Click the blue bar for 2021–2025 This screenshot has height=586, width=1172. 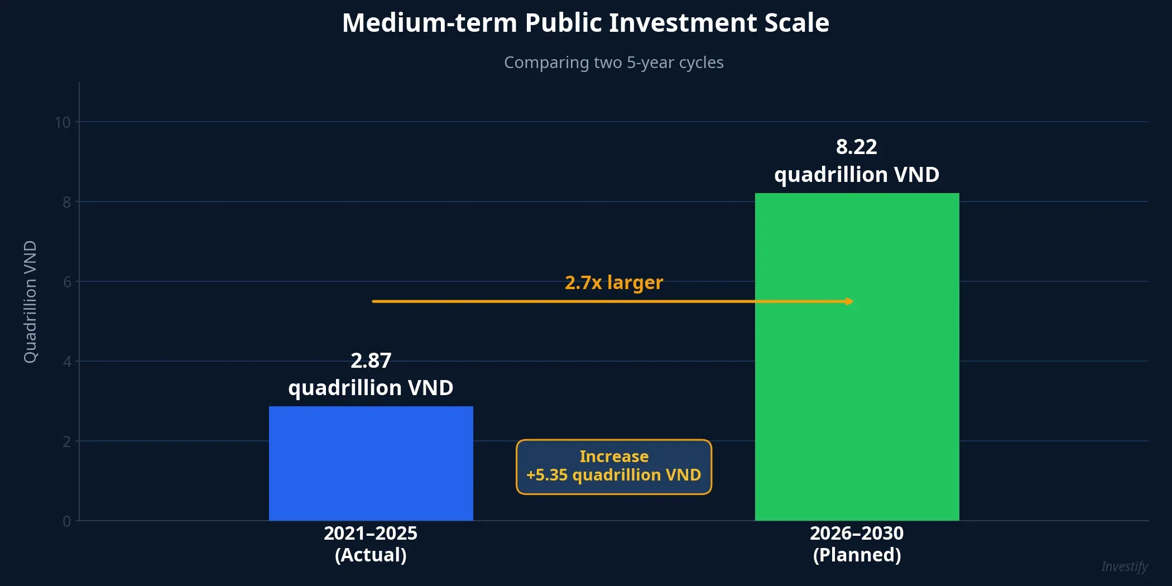point(371,463)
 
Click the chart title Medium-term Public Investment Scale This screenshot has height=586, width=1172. point(585,23)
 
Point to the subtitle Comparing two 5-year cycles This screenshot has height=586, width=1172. point(613,63)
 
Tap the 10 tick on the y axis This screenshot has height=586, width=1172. point(63,122)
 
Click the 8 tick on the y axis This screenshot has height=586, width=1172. point(66,202)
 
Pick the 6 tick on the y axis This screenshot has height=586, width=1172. point(67,282)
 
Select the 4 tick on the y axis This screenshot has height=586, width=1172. point(67,362)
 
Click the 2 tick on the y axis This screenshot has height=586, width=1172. point(67,441)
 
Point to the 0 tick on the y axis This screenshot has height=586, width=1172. point(67,521)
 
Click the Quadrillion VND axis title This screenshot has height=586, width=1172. point(30,301)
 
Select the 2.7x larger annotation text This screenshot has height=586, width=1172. point(613,282)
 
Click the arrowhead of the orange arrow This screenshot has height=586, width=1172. point(849,301)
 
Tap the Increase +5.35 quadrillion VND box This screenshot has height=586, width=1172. point(613,467)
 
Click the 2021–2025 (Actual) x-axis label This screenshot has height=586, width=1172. point(371,544)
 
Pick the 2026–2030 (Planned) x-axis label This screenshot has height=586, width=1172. point(857,544)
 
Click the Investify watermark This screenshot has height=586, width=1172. point(1124,566)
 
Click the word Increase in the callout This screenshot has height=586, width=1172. point(613,457)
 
